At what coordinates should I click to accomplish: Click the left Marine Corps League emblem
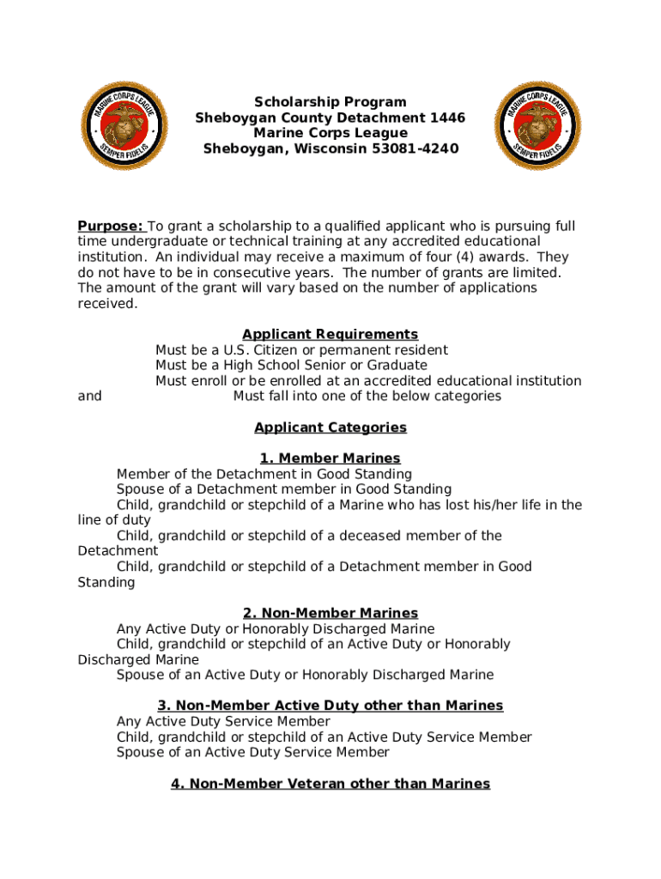[x=124, y=125]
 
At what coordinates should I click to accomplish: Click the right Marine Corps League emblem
[x=537, y=125]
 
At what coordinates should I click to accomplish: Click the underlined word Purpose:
[x=111, y=226]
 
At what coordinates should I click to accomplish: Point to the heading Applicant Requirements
[x=330, y=334]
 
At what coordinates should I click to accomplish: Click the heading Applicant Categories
[x=330, y=427]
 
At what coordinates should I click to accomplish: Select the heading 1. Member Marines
[x=330, y=458]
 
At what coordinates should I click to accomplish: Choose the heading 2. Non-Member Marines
[x=330, y=613]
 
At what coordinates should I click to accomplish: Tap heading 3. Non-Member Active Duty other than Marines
[x=330, y=706]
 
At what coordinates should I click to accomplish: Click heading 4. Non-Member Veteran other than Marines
[x=330, y=783]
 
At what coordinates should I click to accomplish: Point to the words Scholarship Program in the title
[x=330, y=102]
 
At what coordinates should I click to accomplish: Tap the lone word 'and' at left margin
[x=89, y=396]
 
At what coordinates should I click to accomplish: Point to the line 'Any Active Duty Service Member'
[x=223, y=721]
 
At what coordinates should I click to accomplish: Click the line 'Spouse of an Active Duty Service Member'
[x=252, y=752]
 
